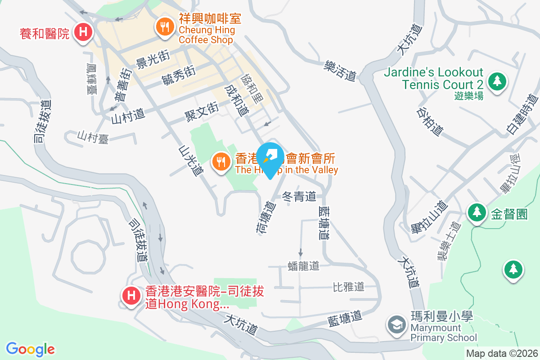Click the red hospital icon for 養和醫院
(x=83, y=32)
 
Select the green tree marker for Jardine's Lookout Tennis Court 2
(x=497, y=81)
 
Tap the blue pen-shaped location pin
(x=271, y=159)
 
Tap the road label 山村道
(x=128, y=115)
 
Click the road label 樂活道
(x=340, y=72)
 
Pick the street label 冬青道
(x=299, y=196)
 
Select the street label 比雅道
(x=348, y=286)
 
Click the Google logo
(x=30, y=349)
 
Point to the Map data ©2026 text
(x=502, y=353)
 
